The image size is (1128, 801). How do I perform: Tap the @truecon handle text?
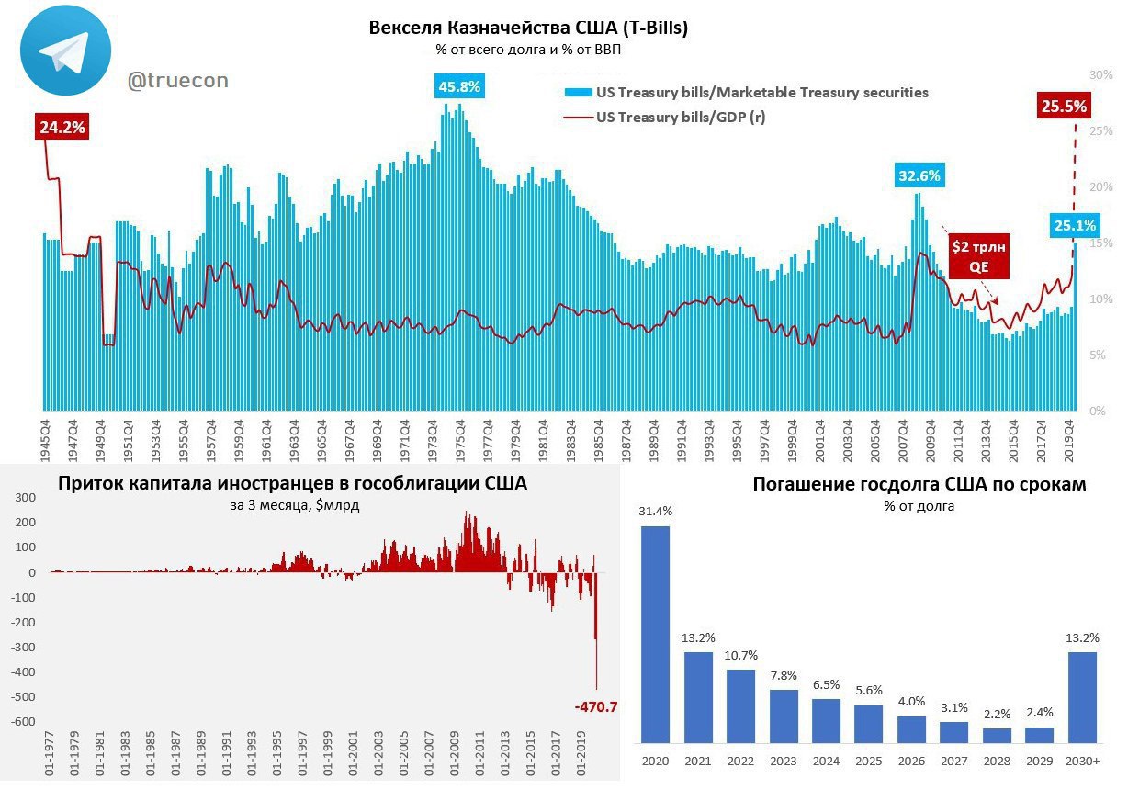(177, 81)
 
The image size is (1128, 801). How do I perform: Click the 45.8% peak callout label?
(459, 87)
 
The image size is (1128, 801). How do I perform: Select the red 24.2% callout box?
(62, 128)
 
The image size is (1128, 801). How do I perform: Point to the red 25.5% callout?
(1064, 107)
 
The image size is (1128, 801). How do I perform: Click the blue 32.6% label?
(920, 175)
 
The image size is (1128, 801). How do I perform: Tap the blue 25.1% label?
(1074, 225)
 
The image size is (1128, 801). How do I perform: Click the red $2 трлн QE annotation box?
(978, 256)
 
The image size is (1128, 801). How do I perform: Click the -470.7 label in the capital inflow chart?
(595, 706)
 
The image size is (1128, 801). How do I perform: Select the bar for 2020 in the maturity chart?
(655, 634)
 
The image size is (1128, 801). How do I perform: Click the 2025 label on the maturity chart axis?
(868, 762)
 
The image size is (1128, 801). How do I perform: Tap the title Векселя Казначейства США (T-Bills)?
(528, 28)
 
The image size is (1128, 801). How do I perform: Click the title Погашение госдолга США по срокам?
(919, 484)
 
